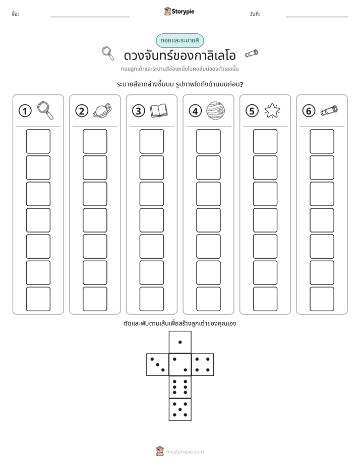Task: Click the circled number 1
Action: click(x=25, y=111)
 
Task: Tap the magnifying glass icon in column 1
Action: click(x=45, y=110)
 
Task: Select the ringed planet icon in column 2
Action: click(x=102, y=110)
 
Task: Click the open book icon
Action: click(x=159, y=111)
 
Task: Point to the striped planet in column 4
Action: click(x=216, y=110)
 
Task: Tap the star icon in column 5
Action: click(x=272, y=110)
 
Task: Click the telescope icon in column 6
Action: click(x=329, y=110)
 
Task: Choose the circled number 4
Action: click(x=195, y=111)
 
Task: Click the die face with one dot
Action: click(x=180, y=342)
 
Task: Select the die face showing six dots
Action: click(x=180, y=387)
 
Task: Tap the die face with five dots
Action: click(x=180, y=410)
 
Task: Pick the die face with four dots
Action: click(x=203, y=365)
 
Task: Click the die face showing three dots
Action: click(x=158, y=365)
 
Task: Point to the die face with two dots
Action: click(x=180, y=365)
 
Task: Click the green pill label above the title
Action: click(x=179, y=40)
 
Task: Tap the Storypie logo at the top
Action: click(x=179, y=11)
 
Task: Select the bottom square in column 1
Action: click(x=38, y=299)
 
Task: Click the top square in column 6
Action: click(x=322, y=141)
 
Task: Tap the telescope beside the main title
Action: click(x=251, y=53)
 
